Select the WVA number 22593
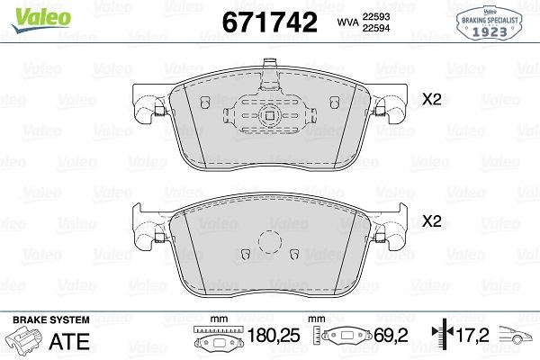click(x=376, y=15)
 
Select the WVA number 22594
click(x=376, y=29)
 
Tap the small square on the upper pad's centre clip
click(x=269, y=114)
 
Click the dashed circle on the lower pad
click(x=269, y=243)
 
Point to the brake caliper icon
click(x=26, y=342)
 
